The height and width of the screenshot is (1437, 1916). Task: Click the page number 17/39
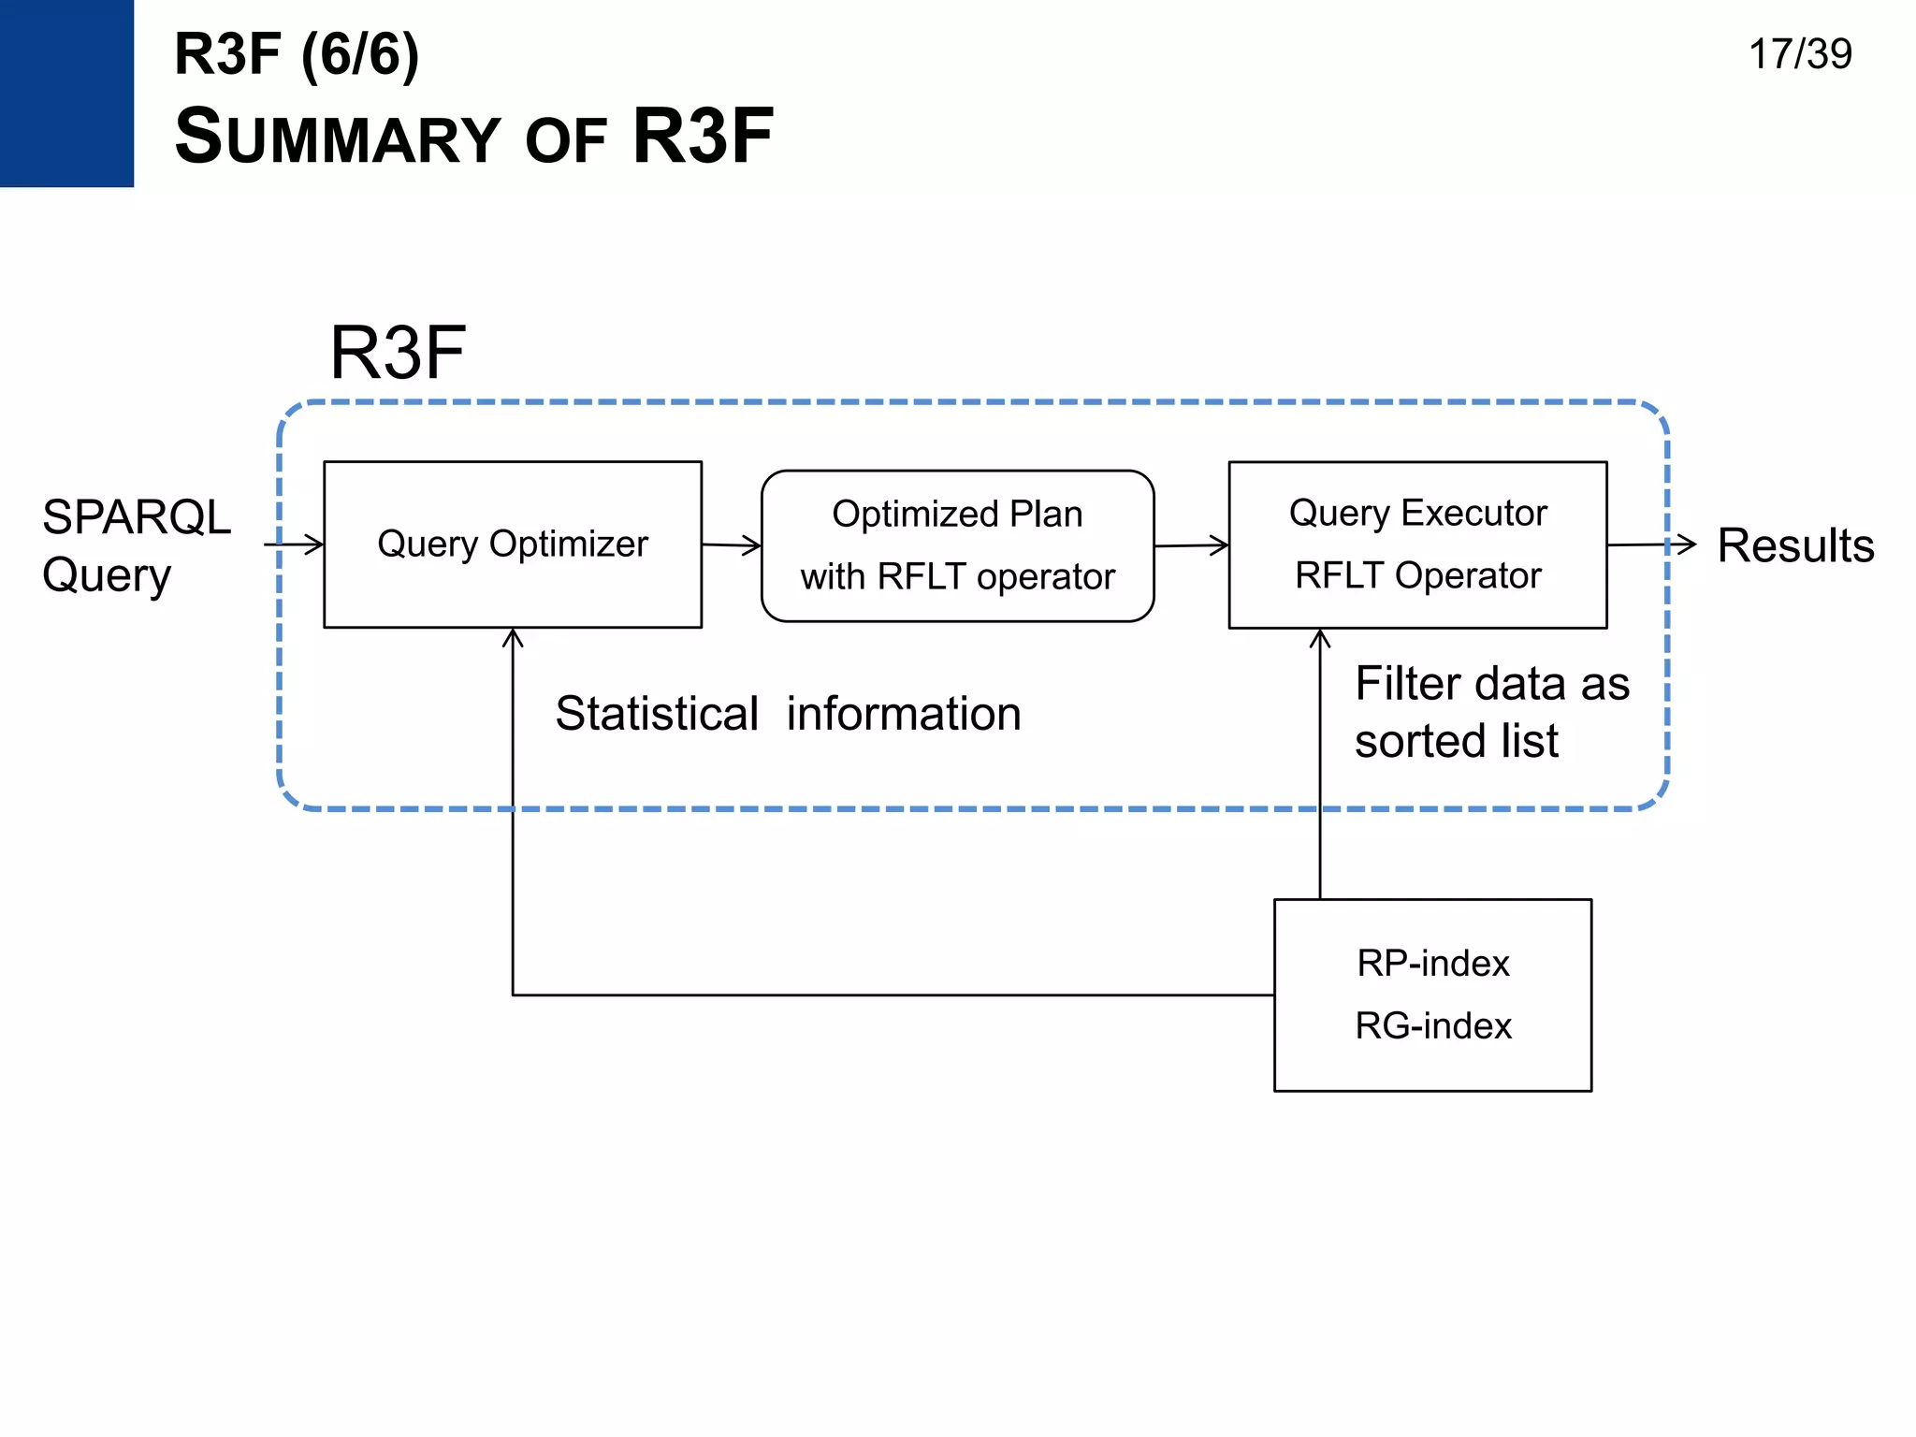[1799, 54]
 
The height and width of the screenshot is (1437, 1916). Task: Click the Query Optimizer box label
[512, 544]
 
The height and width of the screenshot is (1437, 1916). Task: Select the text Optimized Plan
[957, 514]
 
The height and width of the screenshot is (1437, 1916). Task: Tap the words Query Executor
[1417, 513]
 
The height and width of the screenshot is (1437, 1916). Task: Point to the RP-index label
[1432, 963]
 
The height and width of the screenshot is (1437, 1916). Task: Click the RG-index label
[1432, 1025]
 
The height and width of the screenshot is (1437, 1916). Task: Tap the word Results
[1795, 545]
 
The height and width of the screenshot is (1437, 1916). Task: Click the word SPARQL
[137, 517]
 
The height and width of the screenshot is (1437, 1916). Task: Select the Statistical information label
[787, 714]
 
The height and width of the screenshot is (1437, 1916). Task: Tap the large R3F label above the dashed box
[397, 353]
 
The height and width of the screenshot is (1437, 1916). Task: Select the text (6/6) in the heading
[360, 54]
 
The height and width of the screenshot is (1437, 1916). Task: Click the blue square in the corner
[66, 93]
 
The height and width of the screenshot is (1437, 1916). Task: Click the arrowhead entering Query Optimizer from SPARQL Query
[315, 544]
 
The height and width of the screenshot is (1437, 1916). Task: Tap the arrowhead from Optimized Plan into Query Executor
[1220, 545]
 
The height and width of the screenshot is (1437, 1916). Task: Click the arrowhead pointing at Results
[1687, 544]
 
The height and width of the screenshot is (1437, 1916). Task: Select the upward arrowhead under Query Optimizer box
[513, 637]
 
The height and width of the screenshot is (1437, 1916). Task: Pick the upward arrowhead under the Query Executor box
[1320, 638]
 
